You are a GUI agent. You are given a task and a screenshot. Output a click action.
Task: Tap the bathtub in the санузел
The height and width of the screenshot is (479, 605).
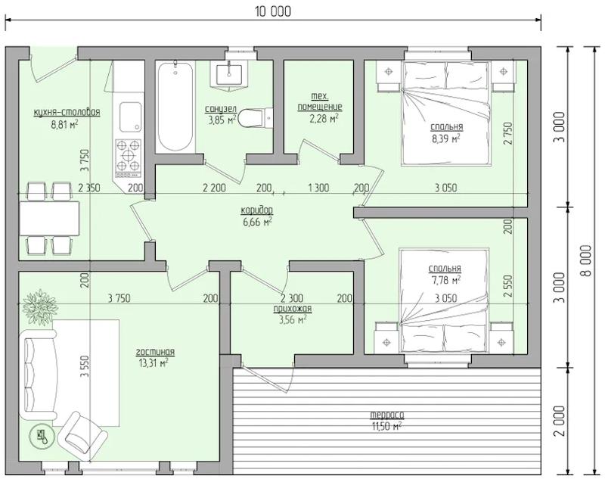pyautogui.click(x=175, y=107)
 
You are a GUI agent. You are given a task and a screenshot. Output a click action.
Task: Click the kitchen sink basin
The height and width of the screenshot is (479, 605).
pyautogui.click(x=130, y=117)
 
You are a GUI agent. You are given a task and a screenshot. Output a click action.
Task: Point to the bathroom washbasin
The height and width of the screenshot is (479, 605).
pyautogui.click(x=229, y=74)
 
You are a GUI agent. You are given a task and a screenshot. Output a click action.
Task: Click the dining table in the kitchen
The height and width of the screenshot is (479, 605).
pyautogui.click(x=49, y=219)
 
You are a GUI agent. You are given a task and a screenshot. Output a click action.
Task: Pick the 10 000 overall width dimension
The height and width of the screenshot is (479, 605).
pyautogui.click(x=273, y=12)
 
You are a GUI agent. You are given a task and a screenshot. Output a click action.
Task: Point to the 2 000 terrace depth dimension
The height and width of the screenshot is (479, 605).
pyautogui.click(x=560, y=421)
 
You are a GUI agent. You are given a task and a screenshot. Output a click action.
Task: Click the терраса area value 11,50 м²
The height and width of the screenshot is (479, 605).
pyautogui.click(x=387, y=425)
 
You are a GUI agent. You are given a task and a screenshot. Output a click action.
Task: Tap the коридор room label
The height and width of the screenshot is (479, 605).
pyautogui.click(x=257, y=210)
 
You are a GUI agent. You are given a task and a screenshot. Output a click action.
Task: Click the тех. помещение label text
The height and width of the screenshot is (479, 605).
pyautogui.click(x=319, y=101)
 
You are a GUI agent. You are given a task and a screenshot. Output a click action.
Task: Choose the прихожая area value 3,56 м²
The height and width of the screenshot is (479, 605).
pyautogui.click(x=293, y=319)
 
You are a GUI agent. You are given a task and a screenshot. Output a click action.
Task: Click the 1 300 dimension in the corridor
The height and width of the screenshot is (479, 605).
pyautogui.click(x=318, y=188)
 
